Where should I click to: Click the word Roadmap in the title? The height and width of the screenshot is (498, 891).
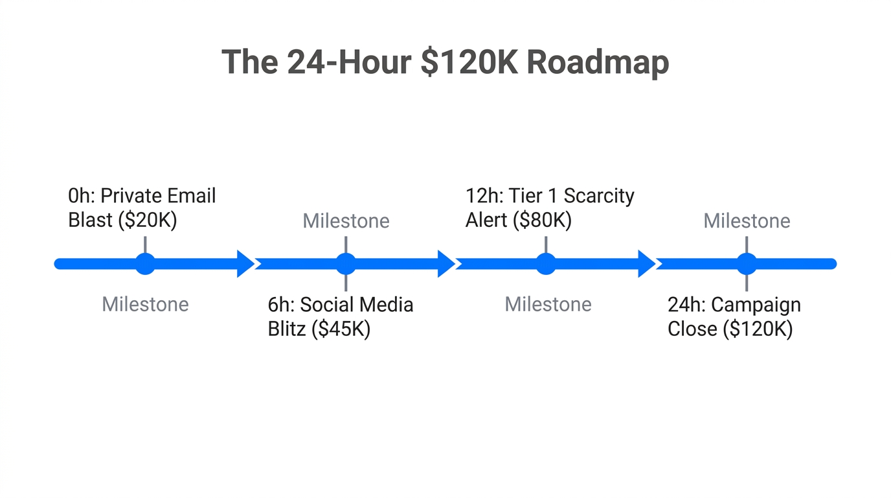click(597, 63)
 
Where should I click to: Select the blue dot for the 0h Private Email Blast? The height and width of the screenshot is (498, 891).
click(145, 264)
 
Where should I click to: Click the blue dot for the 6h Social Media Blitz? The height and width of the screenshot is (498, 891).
click(346, 264)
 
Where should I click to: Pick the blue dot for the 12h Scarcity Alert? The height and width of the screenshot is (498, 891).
click(546, 264)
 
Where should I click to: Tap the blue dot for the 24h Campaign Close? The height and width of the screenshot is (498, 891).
click(747, 264)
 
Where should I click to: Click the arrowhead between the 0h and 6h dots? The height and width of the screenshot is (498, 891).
click(245, 264)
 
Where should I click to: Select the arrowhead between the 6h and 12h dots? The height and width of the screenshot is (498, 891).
click(446, 264)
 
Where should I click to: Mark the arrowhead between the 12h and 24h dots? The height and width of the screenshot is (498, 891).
click(647, 264)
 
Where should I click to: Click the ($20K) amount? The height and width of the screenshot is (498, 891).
click(148, 220)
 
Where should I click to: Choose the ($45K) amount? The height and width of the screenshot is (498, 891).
click(341, 329)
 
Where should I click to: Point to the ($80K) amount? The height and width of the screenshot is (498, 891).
click(543, 220)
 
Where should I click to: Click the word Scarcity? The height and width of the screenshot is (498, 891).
click(598, 196)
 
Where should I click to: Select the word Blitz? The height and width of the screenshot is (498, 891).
click(287, 329)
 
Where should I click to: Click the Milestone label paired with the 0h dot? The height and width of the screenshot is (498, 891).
click(145, 304)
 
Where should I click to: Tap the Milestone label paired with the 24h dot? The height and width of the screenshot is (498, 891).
click(747, 221)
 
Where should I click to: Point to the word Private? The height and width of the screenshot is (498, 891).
click(131, 196)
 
